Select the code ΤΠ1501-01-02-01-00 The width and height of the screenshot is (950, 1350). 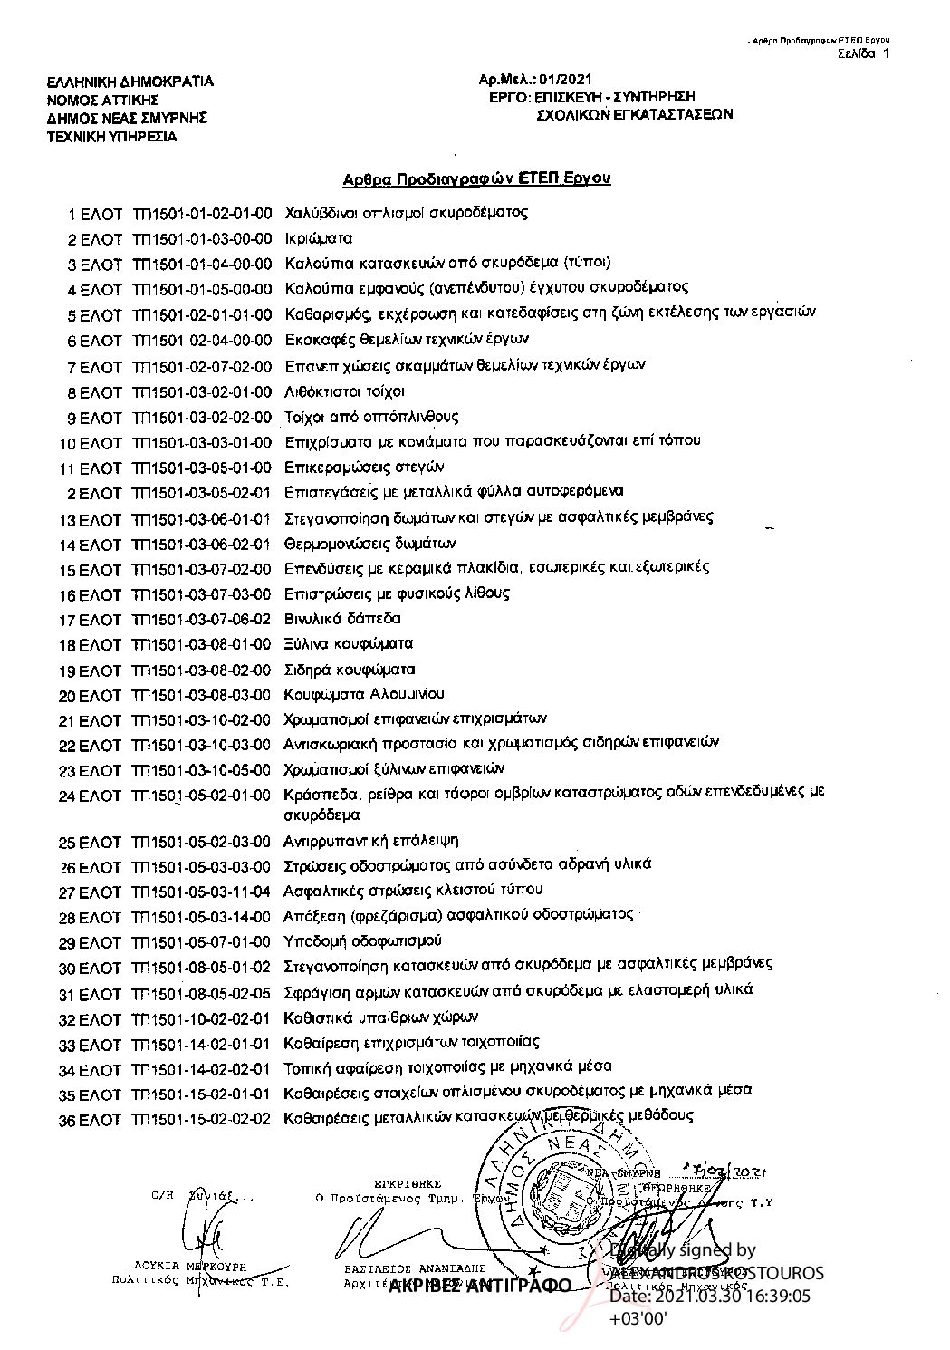click(201, 215)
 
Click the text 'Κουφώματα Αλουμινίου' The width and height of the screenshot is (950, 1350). click(364, 695)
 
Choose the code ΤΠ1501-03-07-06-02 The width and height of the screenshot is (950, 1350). click(201, 620)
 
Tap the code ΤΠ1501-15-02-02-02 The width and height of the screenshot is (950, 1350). click(201, 1118)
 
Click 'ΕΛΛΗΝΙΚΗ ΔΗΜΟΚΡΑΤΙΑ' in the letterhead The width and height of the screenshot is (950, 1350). click(130, 82)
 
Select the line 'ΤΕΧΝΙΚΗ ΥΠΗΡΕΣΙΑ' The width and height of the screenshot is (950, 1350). click(112, 137)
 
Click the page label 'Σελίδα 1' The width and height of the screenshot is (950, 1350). click(863, 53)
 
